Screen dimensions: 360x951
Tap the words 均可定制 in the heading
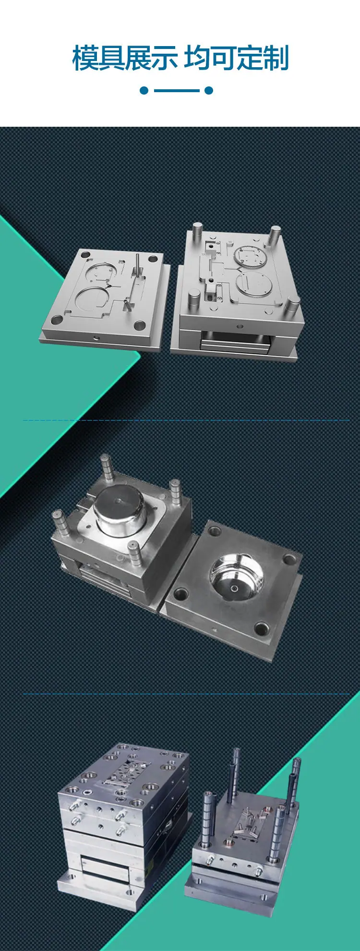tap(236, 58)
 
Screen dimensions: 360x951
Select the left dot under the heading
tap(144, 90)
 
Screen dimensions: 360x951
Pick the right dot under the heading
tap(209, 90)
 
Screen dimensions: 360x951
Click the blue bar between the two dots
tap(176, 90)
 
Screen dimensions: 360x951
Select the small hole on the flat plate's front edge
tap(97, 337)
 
